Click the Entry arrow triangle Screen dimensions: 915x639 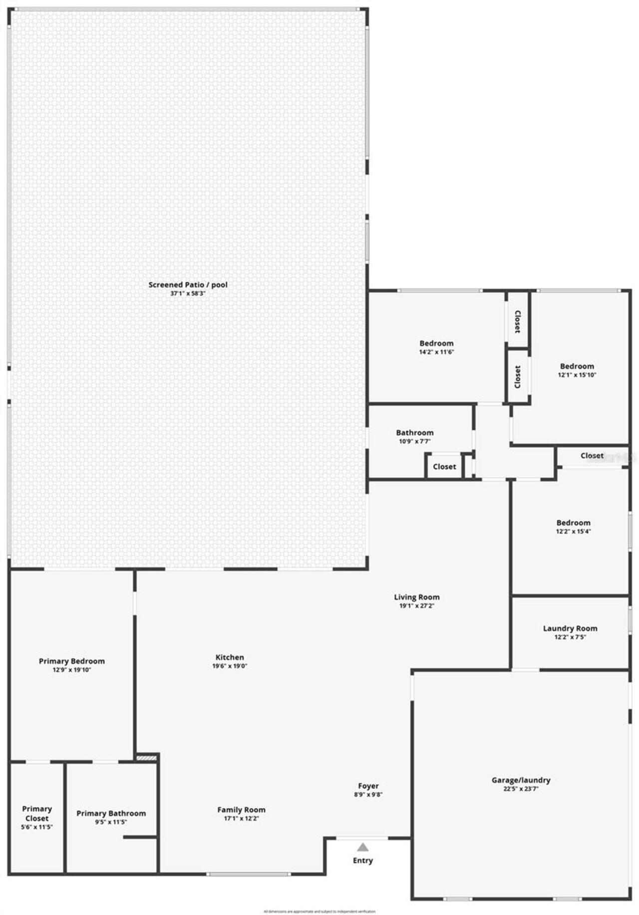[x=363, y=847]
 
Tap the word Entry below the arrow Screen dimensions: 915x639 [x=363, y=860]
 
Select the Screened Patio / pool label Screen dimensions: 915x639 [x=188, y=285]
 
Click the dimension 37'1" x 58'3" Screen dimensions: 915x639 [x=188, y=294]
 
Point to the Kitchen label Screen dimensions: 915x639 [x=230, y=657]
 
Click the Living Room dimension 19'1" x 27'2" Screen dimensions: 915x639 [x=416, y=606]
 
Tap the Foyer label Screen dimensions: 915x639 [x=368, y=786]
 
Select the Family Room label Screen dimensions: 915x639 [x=241, y=810]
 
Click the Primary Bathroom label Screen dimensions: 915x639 [x=111, y=813]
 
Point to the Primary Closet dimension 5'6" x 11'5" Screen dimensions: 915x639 [x=37, y=827]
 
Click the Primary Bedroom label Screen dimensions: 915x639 [x=72, y=661]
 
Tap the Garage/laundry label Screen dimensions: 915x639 [x=521, y=780]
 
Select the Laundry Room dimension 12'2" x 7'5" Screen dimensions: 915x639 [x=570, y=637]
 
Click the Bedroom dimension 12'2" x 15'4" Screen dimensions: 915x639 [x=573, y=532]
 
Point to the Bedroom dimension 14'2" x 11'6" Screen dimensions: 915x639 [x=436, y=352]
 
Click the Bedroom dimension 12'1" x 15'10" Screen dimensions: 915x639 [x=577, y=375]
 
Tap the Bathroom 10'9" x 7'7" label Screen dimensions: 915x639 [x=414, y=433]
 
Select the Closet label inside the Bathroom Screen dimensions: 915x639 [x=444, y=467]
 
